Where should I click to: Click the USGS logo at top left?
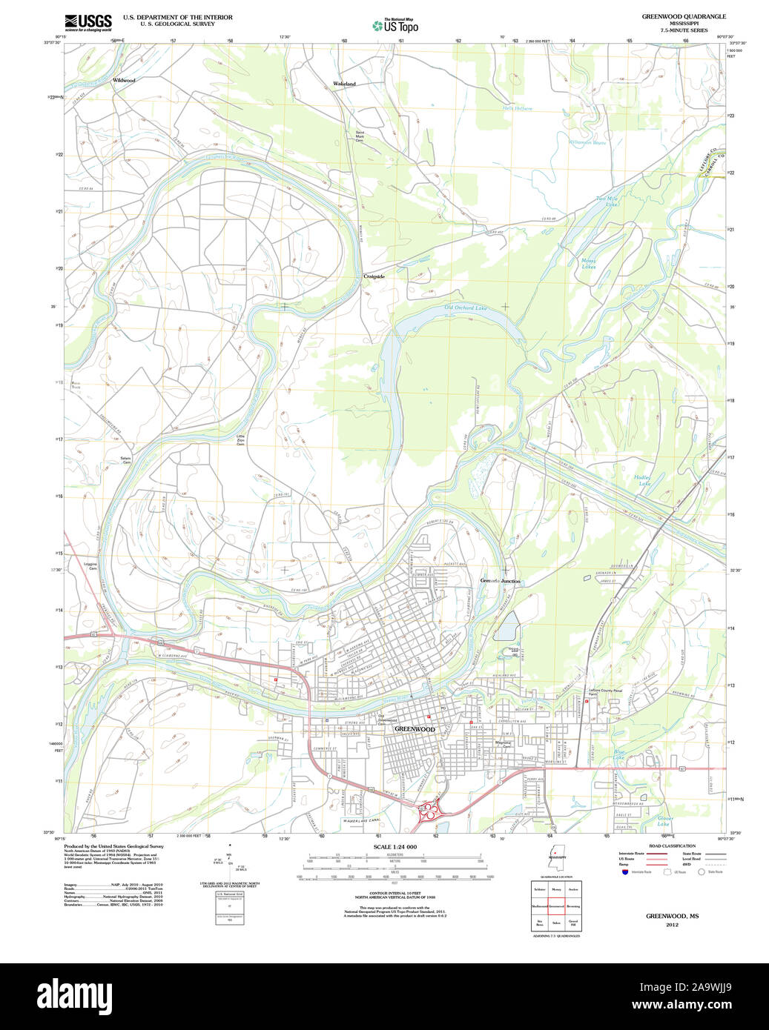(x=88, y=21)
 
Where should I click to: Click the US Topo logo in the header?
(x=395, y=26)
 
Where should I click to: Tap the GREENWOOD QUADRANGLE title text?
(x=684, y=16)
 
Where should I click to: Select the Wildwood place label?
(x=124, y=80)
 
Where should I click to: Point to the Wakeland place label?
(x=344, y=84)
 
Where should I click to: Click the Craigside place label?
(x=374, y=276)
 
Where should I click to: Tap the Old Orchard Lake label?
(x=465, y=307)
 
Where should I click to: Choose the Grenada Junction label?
(x=500, y=582)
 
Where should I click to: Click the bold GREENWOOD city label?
(x=414, y=729)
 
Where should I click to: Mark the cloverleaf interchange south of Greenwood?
(x=429, y=814)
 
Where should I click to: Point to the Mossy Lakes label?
(x=588, y=263)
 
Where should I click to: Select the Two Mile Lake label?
(x=607, y=200)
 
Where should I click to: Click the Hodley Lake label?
(x=643, y=480)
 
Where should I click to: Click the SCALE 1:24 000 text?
(x=395, y=847)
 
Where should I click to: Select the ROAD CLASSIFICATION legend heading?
(x=672, y=845)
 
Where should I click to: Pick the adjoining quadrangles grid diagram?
(x=555, y=906)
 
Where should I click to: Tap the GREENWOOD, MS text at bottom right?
(x=672, y=916)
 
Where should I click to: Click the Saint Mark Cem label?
(x=360, y=136)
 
